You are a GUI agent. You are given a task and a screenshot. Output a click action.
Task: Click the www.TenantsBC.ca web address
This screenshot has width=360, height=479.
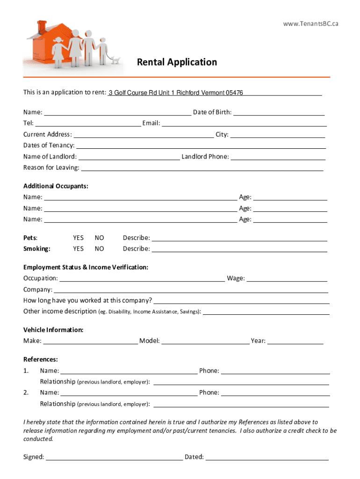pos(310,24)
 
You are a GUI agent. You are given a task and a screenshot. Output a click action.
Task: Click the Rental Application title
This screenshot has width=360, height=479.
pos(177,62)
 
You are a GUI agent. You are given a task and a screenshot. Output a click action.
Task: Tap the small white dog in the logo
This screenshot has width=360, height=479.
pos(115,60)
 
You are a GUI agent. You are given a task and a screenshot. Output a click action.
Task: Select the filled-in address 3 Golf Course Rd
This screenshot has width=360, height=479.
pos(175,93)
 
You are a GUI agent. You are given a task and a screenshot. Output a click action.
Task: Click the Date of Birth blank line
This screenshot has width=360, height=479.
pos(279,113)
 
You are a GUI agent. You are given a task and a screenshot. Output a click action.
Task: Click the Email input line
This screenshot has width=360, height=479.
pos(244,123)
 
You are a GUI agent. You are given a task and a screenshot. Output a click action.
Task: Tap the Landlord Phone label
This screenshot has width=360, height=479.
pos(205,157)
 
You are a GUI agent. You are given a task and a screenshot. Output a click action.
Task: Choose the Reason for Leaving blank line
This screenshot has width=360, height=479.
pos(202,168)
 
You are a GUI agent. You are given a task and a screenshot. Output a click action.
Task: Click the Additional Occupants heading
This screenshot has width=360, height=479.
pos(56,186)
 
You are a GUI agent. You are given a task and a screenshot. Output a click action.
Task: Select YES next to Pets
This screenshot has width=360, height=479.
pos(78,238)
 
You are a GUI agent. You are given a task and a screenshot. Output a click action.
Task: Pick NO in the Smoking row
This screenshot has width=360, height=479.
pos(99,249)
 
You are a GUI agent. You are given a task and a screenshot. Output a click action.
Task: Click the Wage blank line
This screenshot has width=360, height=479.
pos(287,279)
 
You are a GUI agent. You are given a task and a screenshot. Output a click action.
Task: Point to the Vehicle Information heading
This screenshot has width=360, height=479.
pos(53,330)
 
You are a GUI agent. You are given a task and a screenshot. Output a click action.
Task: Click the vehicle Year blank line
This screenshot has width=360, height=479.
pos(295,341)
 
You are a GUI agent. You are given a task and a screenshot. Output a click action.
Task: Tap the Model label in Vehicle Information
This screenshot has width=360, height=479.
pos(150,341)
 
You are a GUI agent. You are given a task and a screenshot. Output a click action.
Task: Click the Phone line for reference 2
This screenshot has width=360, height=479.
pos(275,393)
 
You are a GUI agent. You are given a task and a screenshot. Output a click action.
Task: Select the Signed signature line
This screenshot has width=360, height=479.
pos(114,457)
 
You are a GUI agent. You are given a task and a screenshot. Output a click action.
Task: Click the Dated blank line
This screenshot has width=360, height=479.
pos(267,457)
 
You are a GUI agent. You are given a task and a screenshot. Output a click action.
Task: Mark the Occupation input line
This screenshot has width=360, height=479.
pos(142,279)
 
